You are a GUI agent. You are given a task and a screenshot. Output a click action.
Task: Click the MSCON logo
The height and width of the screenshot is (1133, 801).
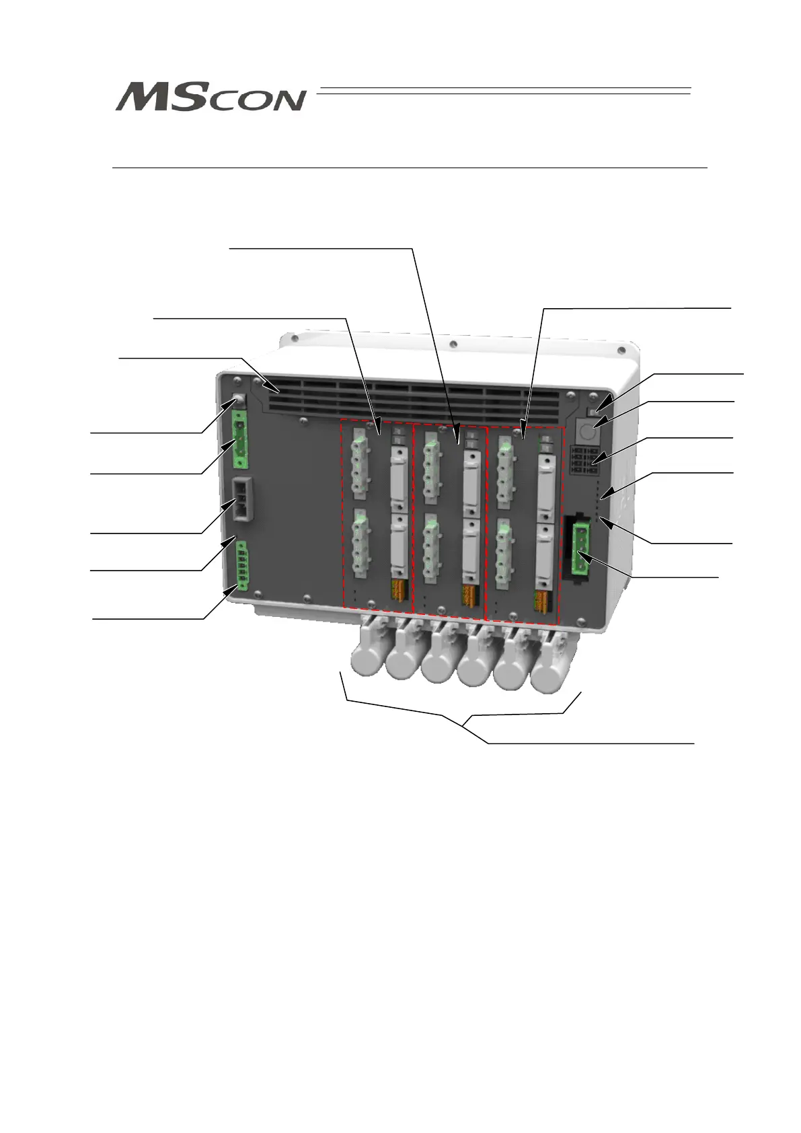click(211, 98)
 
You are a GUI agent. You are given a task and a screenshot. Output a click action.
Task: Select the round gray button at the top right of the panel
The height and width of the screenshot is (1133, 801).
click(587, 429)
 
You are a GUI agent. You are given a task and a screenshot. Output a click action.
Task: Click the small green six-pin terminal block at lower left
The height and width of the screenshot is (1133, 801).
click(241, 566)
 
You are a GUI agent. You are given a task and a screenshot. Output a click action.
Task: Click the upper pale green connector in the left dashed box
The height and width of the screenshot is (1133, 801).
click(361, 464)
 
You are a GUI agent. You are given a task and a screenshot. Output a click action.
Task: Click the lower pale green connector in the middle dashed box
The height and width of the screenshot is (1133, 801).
click(432, 549)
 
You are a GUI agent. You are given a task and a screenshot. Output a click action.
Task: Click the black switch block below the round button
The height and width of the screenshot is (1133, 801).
click(584, 460)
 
